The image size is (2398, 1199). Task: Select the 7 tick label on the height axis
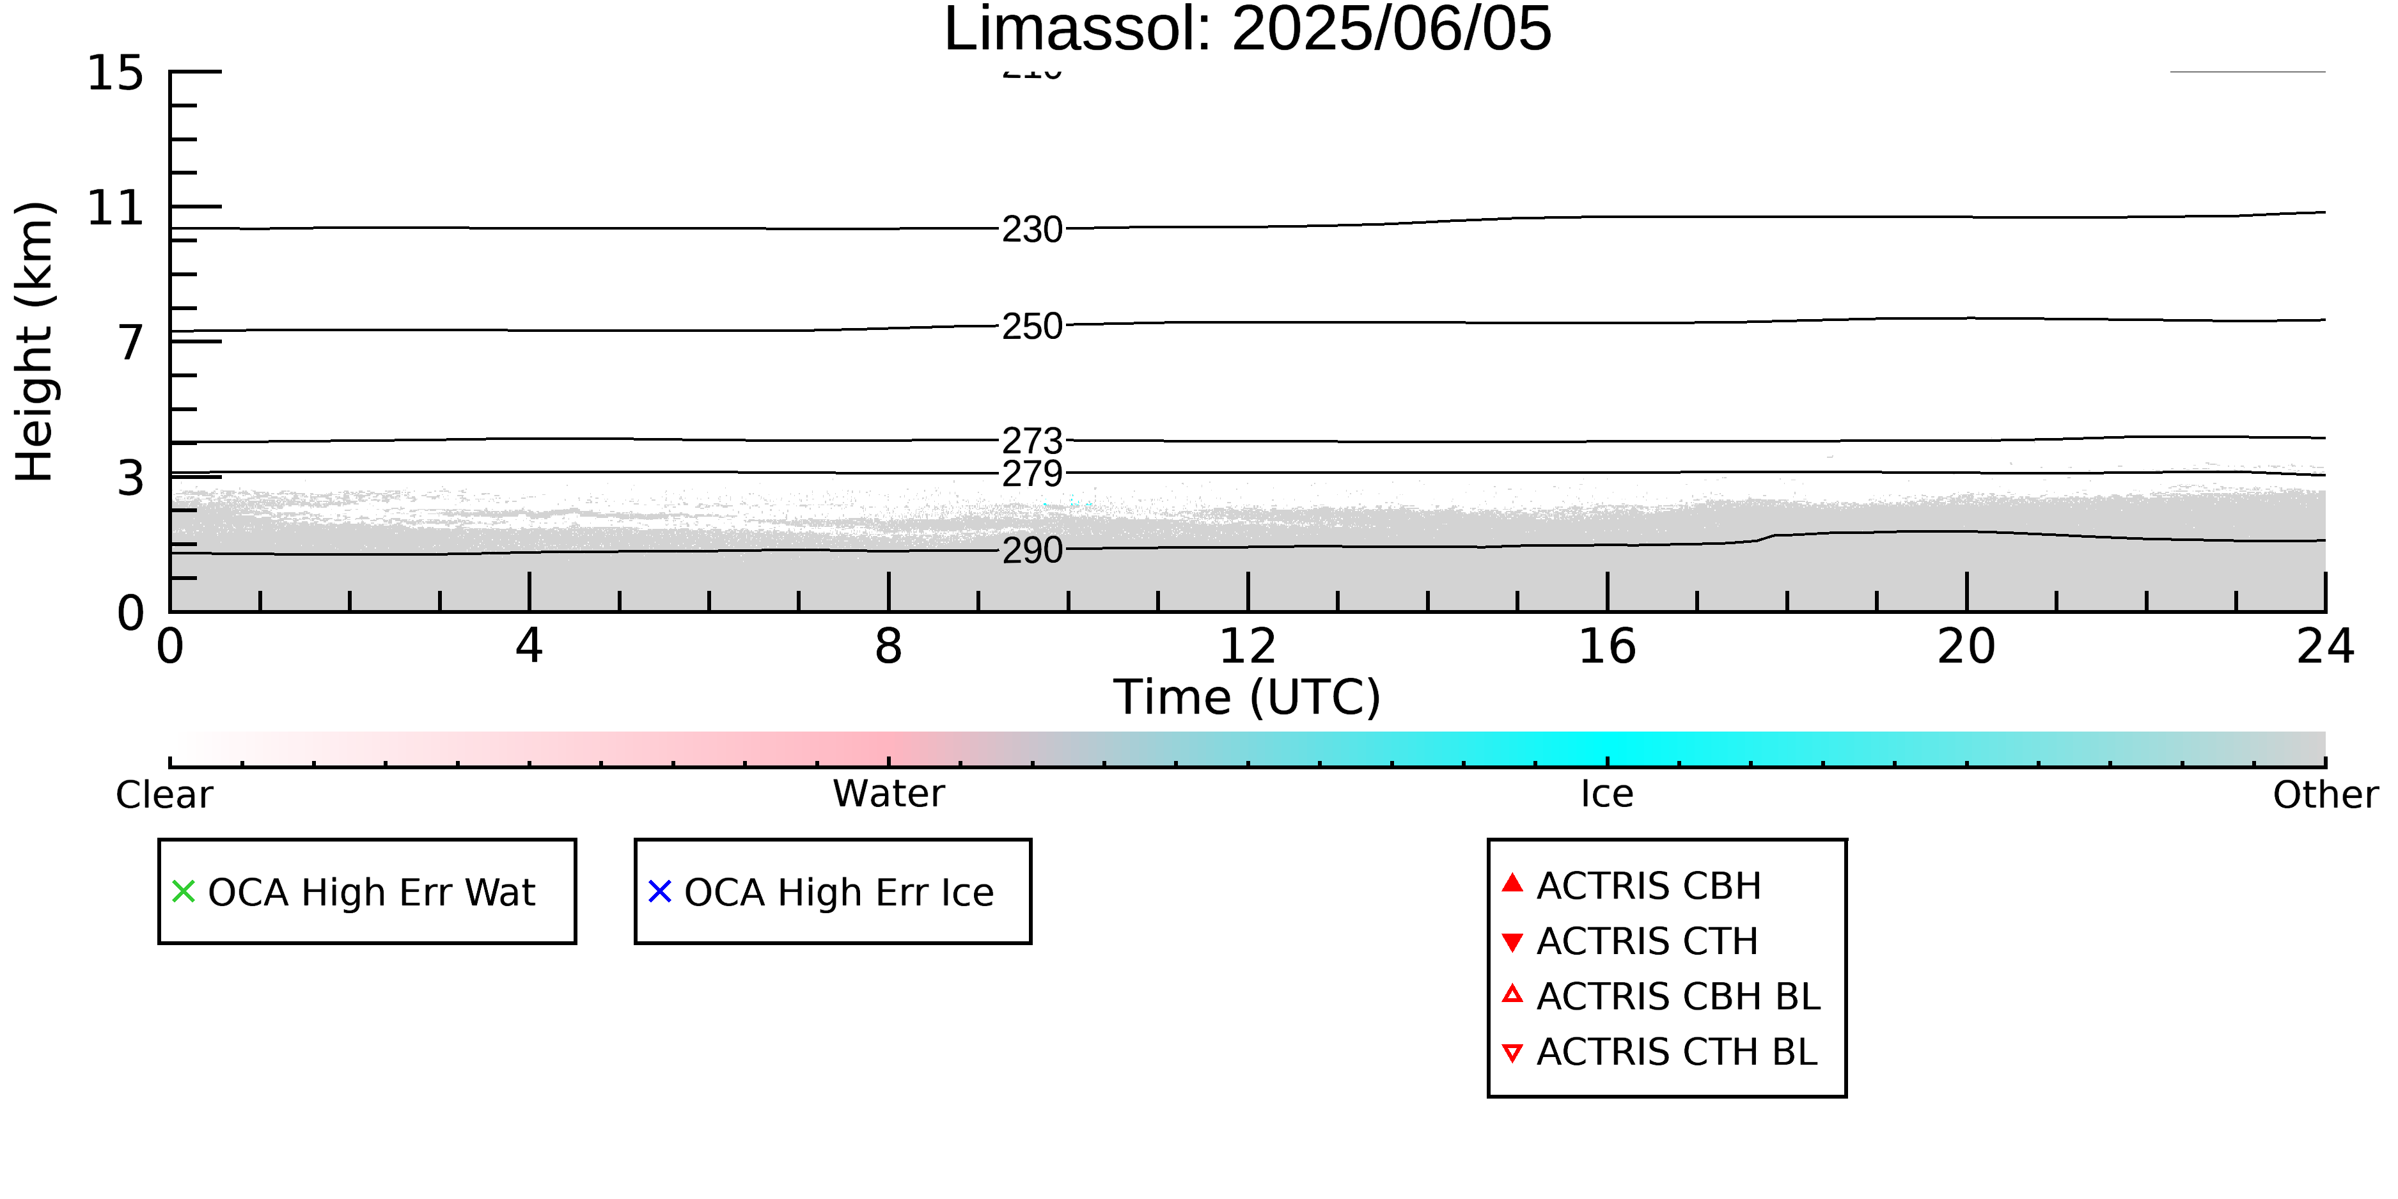[130, 343]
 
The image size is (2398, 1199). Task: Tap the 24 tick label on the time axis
[2324, 646]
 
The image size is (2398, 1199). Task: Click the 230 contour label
[1031, 229]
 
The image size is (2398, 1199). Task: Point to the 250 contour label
[1031, 326]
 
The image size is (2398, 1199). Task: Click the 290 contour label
[1031, 550]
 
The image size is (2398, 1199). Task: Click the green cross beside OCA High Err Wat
[184, 892]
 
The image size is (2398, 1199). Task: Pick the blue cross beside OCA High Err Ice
[659, 892]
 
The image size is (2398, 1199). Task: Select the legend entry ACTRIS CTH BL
[1675, 1052]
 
